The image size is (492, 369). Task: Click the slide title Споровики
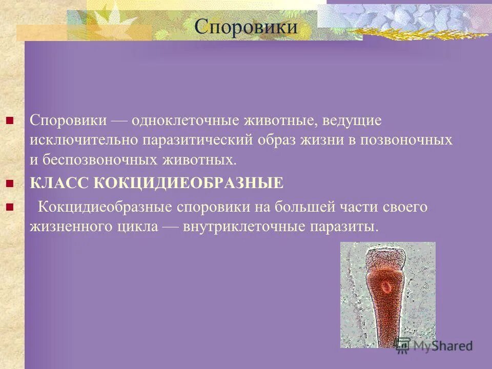click(x=246, y=26)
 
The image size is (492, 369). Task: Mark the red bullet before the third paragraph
click(x=9, y=207)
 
